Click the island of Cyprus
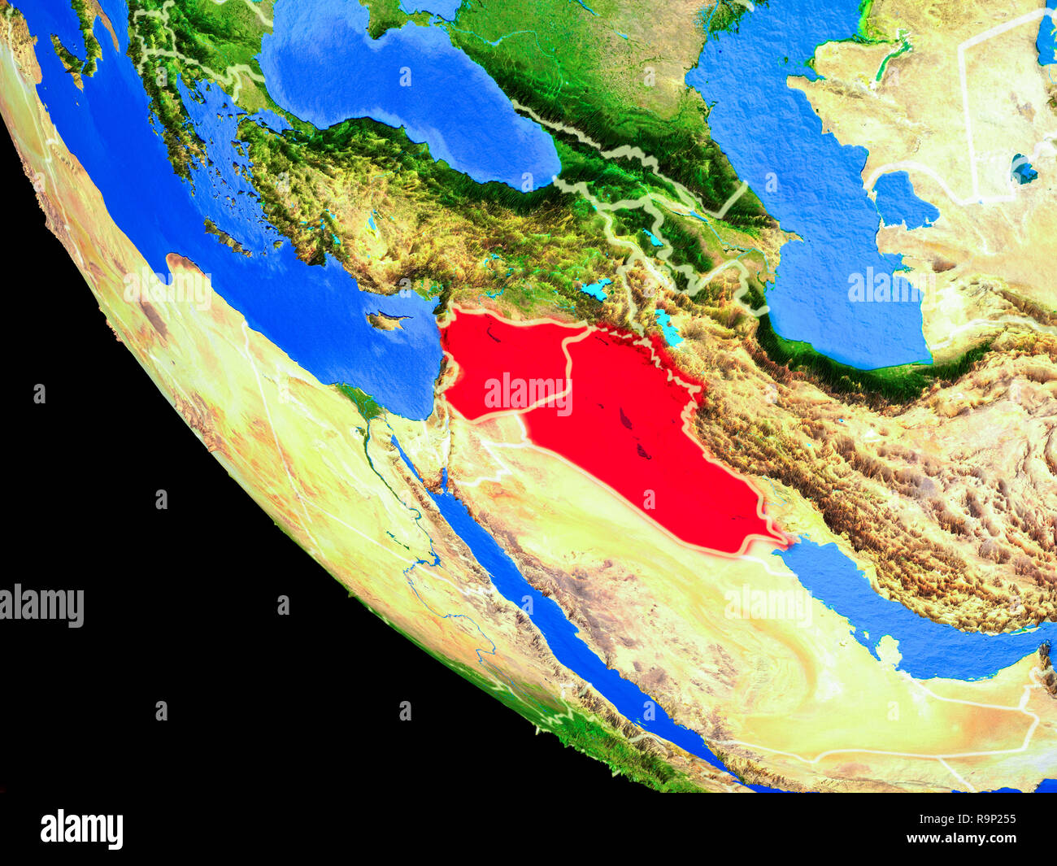pos(388,320)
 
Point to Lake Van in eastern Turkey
pos(596,289)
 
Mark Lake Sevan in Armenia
pos(651,237)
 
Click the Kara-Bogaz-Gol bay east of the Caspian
pos(902,199)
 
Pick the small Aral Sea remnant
pos(1023,171)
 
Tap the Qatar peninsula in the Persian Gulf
pos(890,651)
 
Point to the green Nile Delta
pos(357,403)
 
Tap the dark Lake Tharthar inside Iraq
pos(625,419)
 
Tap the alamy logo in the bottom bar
pos(81,829)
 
